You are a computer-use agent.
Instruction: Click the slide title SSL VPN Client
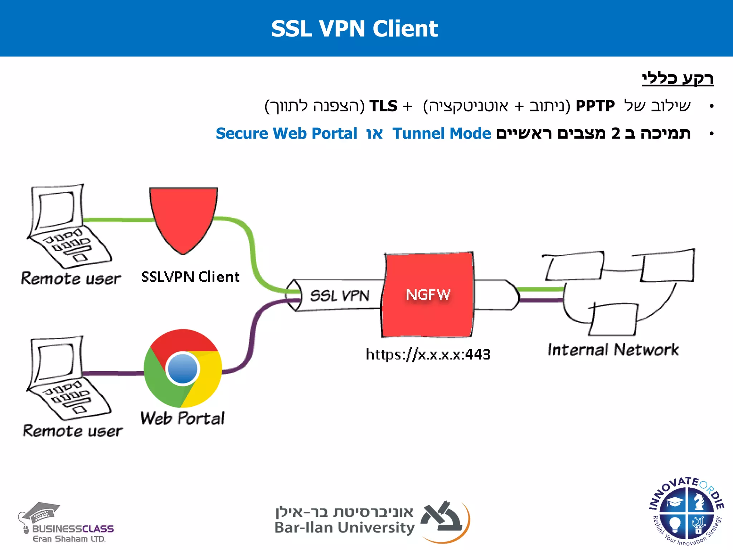(x=354, y=29)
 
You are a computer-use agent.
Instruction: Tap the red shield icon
(x=183, y=217)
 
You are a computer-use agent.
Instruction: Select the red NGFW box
(x=428, y=295)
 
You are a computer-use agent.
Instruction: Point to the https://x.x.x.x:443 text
(x=428, y=354)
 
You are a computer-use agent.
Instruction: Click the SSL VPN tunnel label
(x=339, y=296)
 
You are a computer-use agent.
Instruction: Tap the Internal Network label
(x=613, y=350)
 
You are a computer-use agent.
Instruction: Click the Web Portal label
(x=183, y=418)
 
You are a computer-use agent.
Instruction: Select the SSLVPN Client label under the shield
(x=190, y=277)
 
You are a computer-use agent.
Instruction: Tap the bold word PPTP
(x=595, y=106)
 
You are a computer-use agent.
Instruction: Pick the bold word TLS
(x=383, y=106)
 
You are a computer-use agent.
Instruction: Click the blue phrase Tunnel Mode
(x=442, y=134)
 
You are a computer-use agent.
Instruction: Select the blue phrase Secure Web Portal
(x=286, y=134)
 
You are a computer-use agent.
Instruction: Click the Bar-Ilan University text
(x=344, y=528)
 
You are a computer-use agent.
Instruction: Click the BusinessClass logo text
(x=73, y=529)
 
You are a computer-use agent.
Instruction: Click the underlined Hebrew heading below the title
(x=678, y=78)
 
